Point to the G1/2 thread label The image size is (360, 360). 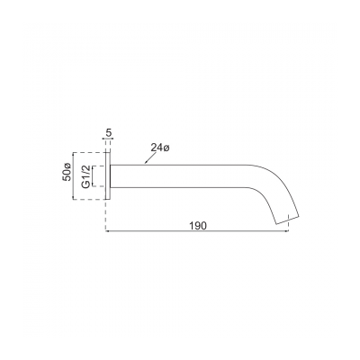(87, 173)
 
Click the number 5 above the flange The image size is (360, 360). (109, 133)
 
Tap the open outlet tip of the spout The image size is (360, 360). (287, 218)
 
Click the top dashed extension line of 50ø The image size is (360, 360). (87, 149)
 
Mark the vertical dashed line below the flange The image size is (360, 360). (107, 216)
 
